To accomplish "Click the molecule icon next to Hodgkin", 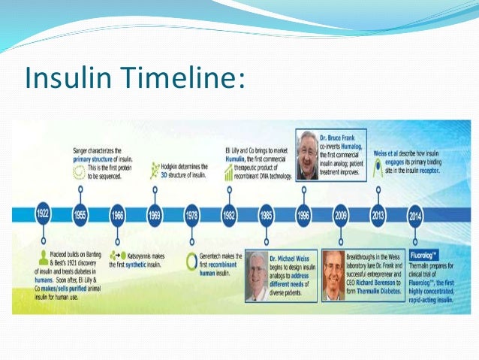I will [155, 167].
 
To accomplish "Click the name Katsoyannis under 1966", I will [140, 256].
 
